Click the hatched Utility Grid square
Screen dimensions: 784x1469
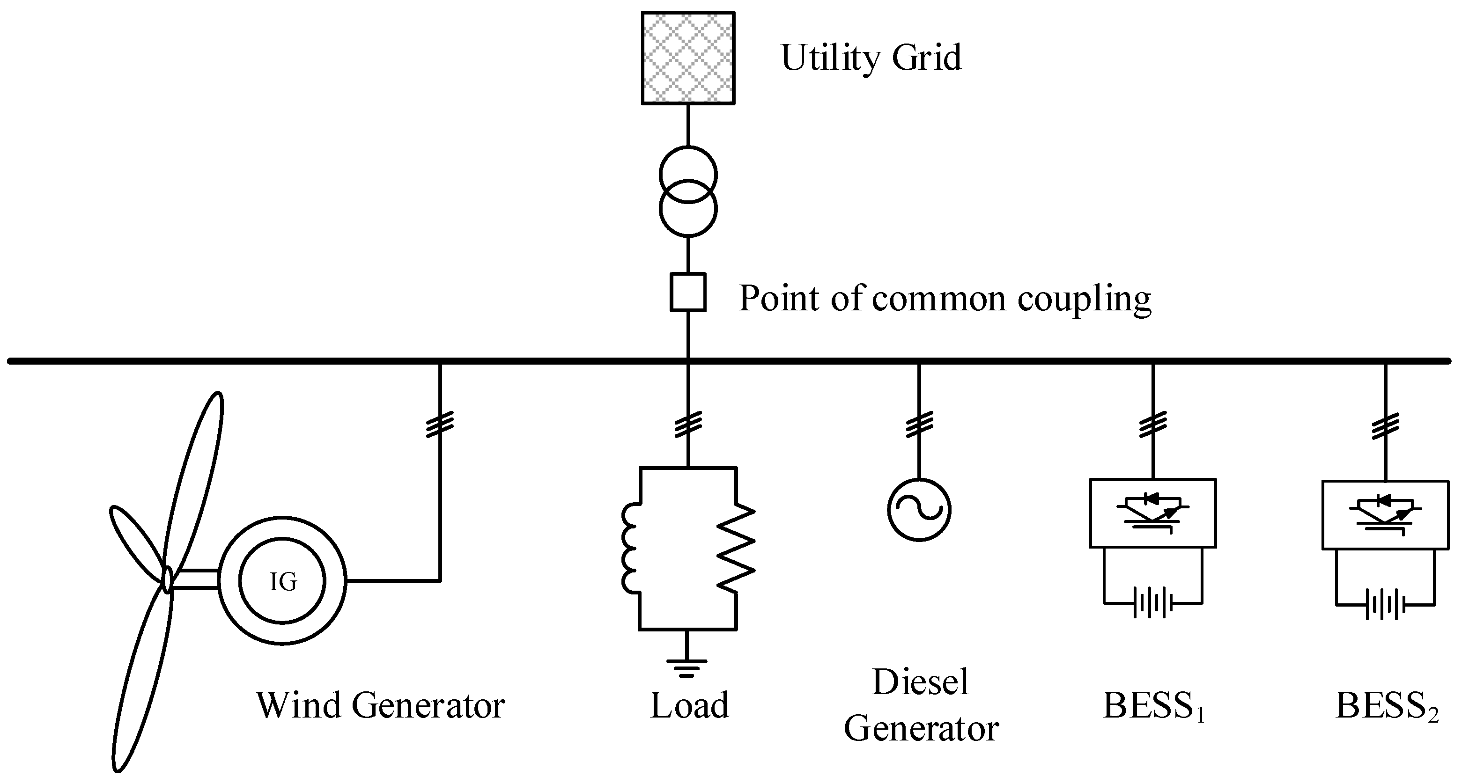click(x=688, y=58)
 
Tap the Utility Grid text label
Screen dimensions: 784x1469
click(x=871, y=58)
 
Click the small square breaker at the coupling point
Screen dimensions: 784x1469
click(x=688, y=293)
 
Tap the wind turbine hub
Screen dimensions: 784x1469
click(x=167, y=580)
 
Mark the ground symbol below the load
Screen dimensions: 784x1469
click(x=687, y=667)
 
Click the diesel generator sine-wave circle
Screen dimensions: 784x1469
click(x=919, y=510)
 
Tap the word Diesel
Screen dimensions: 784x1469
click(x=920, y=682)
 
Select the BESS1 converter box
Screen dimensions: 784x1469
click(x=1152, y=513)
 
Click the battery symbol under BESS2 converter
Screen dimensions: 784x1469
click(x=1385, y=604)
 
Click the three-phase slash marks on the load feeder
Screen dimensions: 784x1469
click(x=688, y=424)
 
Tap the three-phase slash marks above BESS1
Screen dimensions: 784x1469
click(x=1152, y=424)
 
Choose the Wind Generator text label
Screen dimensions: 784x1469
click(x=380, y=705)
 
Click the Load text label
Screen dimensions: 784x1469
click(x=689, y=705)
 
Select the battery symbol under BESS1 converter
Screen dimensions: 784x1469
click(x=1152, y=603)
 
